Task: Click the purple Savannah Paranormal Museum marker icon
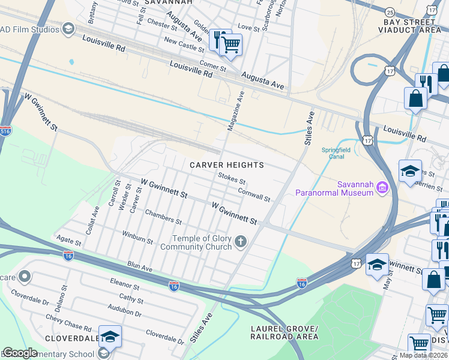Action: [381, 189]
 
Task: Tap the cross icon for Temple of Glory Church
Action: [241, 242]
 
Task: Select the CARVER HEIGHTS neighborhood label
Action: [227, 164]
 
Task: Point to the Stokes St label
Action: [232, 178]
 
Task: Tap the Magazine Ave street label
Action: [236, 111]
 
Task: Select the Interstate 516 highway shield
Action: [5, 131]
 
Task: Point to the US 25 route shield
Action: [390, 12]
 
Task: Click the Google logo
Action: [19, 353]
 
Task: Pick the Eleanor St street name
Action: [124, 283]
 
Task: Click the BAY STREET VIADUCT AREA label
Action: [412, 25]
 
